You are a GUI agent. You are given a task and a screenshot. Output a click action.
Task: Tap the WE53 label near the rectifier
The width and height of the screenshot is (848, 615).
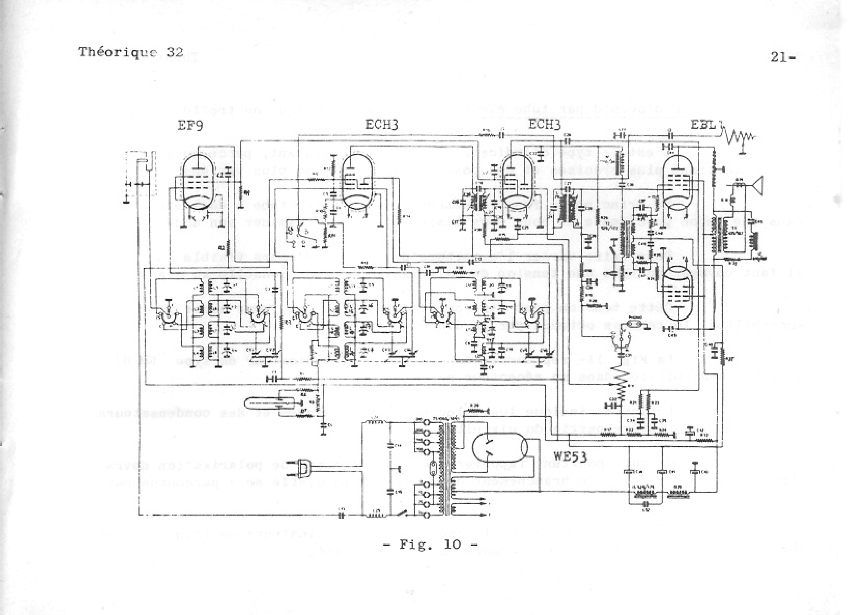[x=570, y=456]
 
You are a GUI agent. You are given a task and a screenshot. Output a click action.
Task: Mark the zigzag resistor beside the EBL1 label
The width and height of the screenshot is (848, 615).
[x=737, y=137]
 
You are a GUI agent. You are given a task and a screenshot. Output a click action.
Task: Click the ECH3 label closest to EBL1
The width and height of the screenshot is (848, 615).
[x=545, y=125]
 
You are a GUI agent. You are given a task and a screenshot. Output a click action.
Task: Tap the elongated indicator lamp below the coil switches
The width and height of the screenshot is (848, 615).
[x=264, y=403]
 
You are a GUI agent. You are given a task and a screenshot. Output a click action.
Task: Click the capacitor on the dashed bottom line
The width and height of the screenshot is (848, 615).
[x=341, y=516]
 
